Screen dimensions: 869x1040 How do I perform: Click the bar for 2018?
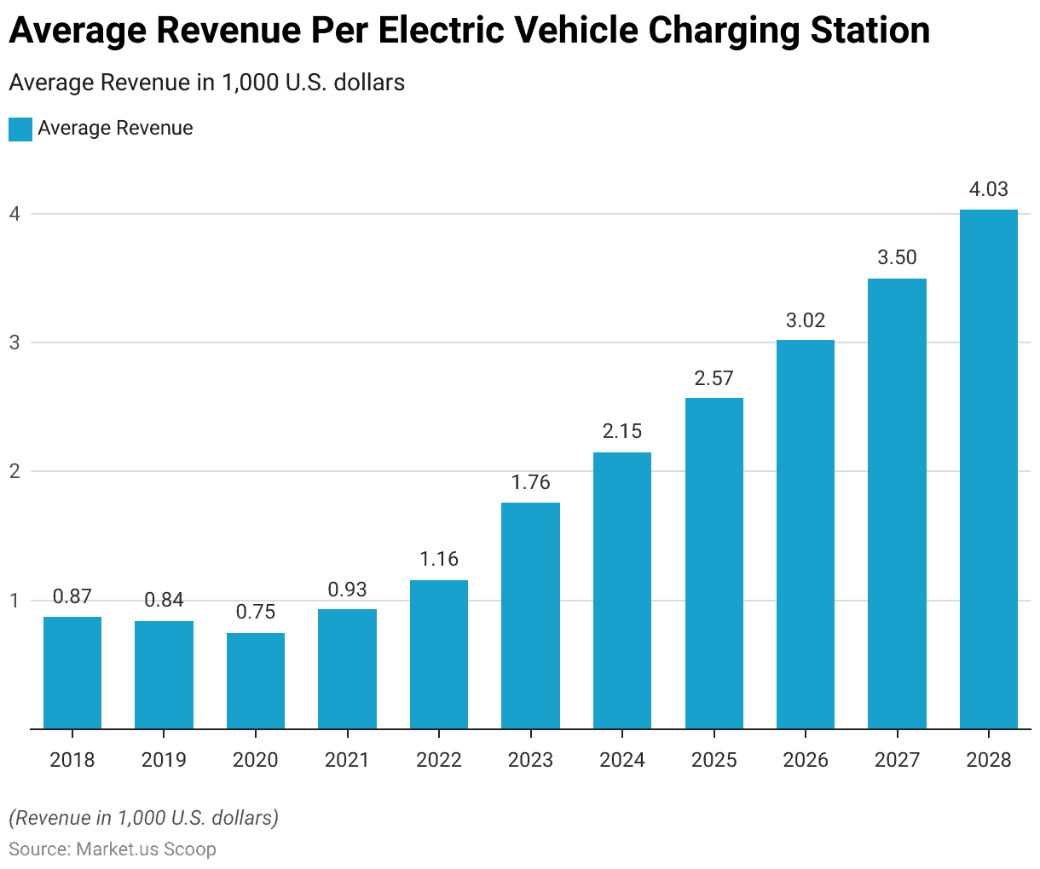[72, 673]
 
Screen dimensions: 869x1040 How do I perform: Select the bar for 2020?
[256, 681]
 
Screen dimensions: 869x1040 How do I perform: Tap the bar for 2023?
[530, 616]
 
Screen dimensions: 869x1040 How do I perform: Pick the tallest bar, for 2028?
[989, 469]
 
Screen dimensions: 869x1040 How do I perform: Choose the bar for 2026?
[806, 534]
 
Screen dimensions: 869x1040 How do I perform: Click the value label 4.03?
[989, 189]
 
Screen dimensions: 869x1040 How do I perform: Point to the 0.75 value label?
[256, 613]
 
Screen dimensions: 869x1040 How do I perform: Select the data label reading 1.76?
[530, 482]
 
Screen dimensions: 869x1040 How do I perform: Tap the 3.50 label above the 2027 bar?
[897, 258]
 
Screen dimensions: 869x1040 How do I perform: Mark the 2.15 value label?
[622, 432]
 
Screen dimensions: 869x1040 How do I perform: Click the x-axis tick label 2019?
[164, 760]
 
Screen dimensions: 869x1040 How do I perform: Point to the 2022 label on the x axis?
[439, 760]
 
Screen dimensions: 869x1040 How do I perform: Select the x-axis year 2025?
[714, 760]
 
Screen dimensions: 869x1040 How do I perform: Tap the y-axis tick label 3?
[14, 342]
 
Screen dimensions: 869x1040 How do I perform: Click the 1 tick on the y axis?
[14, 601]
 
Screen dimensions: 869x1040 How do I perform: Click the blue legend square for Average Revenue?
[20, 129]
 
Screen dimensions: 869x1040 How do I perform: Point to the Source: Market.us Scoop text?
[113, 849]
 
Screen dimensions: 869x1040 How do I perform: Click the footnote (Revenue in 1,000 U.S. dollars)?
[143, 818]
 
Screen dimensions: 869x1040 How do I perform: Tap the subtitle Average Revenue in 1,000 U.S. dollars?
[206, 83]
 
